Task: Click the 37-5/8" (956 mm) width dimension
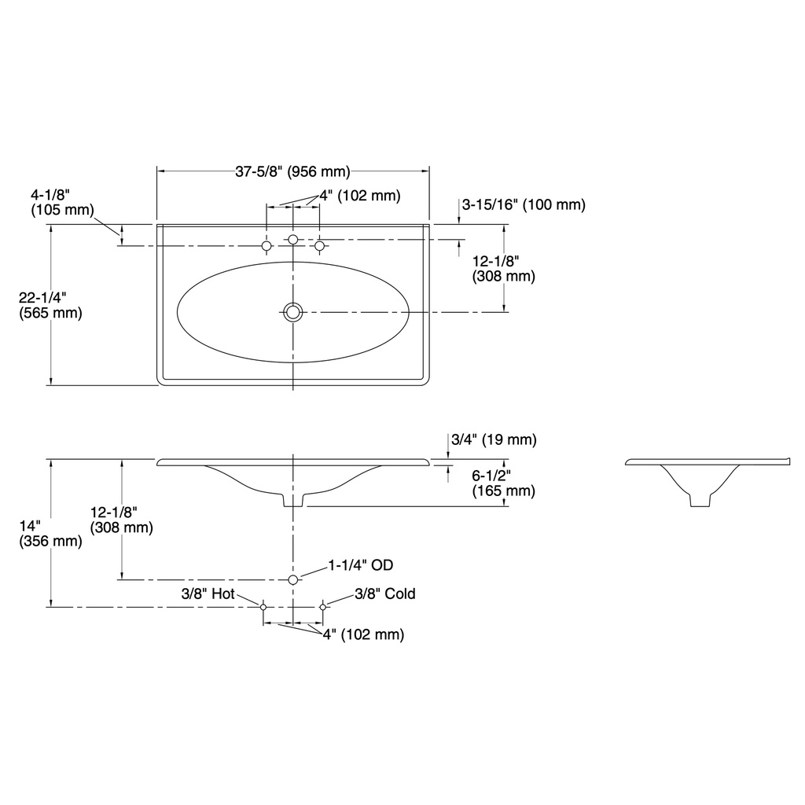[x=292, y=171]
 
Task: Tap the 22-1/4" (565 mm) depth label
[x=50, y=305]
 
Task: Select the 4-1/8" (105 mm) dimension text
[x=62, y=202]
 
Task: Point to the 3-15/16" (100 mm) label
[x=524, y=204]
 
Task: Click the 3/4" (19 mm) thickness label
[x=494, y=439]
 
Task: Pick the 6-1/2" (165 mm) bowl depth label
[x=504, y=483]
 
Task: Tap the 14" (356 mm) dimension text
[x=50, y=534]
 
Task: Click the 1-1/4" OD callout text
[x=361, y=565]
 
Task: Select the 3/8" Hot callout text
[x=208, y=594]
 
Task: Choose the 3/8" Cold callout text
[x=385, y=594]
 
